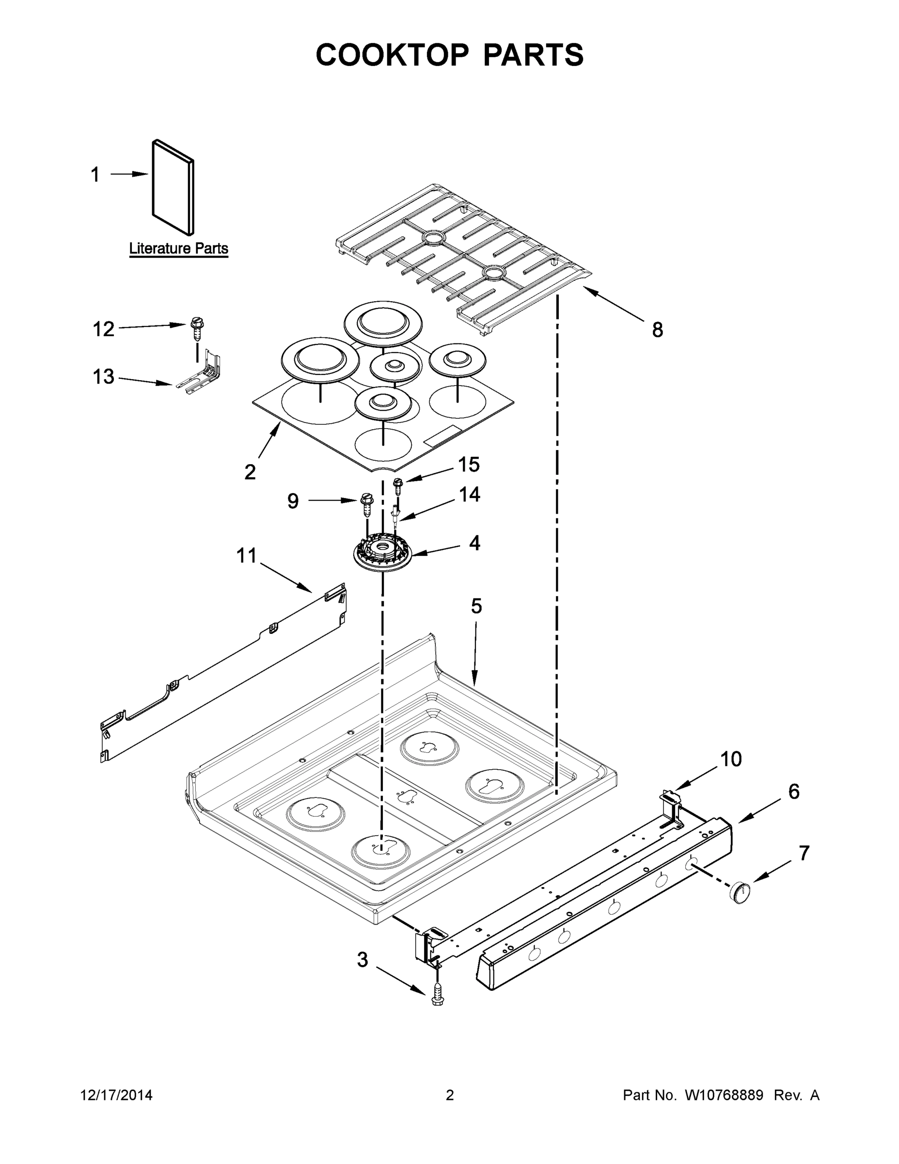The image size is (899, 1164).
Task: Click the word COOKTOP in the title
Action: click(393, 55)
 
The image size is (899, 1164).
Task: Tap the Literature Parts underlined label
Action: click(178, 248)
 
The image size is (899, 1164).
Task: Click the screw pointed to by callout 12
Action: click(197, 329)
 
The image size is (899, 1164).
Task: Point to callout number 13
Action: click(103, 377)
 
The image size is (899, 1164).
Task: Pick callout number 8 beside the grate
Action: click(658, 330)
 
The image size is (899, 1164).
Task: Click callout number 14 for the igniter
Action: click(469, 495)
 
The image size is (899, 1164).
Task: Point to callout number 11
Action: click(247, 555)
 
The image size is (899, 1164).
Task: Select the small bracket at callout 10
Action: click(673, 809)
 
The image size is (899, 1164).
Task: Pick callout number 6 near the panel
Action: click(793, 792)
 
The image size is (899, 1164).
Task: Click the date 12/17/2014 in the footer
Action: click(116, 1095)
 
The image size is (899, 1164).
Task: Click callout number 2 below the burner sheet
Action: click(250, 472)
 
